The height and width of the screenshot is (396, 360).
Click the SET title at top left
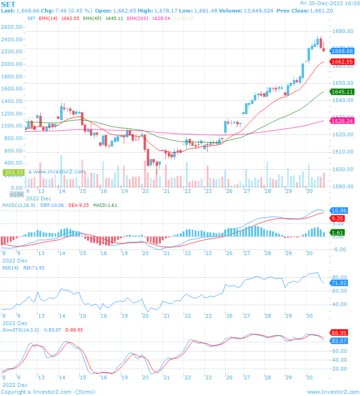click(x=8, y=4)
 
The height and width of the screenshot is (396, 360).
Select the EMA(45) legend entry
click(x=93, y=18)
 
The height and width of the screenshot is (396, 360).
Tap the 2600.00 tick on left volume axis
click(x=13, y=27)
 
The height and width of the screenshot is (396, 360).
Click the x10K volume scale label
click(x=17, y=194)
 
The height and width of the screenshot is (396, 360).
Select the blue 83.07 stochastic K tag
click(x=340, y=341)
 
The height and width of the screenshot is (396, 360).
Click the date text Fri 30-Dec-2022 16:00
click(x=329, y=3)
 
